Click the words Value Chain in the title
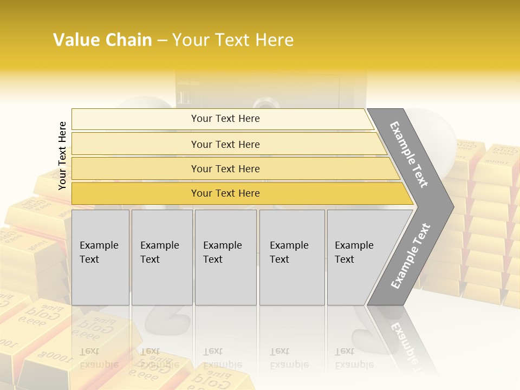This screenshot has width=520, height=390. [x=102, y=40]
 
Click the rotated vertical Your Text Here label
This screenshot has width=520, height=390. [x=62, y=155]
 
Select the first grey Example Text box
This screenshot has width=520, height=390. [x=100, y=257]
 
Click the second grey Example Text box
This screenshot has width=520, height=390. [x=161, y=257]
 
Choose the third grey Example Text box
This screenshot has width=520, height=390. [x=225, y=257]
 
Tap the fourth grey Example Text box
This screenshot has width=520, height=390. [x=291, y=257]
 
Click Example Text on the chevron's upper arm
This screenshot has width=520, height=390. [x=409, y=154]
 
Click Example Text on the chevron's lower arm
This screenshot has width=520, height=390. [x=411, y=256]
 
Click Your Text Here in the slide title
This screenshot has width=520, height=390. [x=233, y=40]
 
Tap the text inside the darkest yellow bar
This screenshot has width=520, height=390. [x=225, y=193]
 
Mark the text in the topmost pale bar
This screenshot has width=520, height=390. [x=225, y=119]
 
